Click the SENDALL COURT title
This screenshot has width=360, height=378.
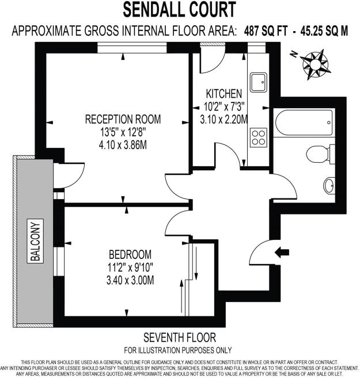(180, 10)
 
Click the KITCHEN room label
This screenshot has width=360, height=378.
(224, 94)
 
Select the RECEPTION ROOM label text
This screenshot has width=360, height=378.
(123, 120)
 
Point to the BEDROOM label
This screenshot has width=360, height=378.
(130, 254)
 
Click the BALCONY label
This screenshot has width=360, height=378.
(36, 242)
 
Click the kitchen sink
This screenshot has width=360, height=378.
(257, 82)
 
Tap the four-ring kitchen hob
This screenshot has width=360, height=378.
(258, 137)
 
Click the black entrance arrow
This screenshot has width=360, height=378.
(282, 251)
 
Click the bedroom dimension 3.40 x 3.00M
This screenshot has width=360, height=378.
(130, 280)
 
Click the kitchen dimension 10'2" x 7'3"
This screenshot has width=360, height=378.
(224, 107)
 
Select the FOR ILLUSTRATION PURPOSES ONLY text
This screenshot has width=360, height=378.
(179, 350)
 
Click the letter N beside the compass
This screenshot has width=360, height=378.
(294, 55)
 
